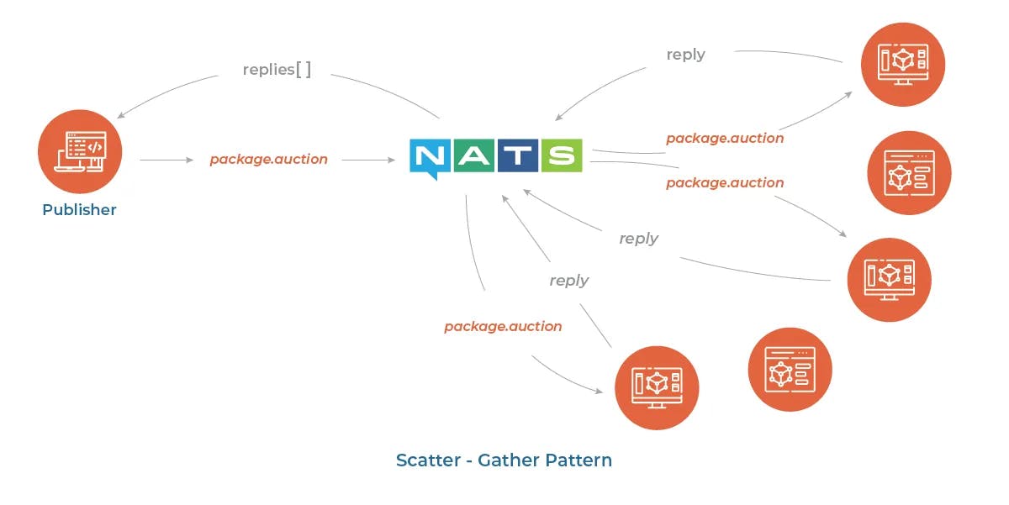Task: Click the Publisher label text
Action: [x=79, y=210]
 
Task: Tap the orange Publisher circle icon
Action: [x=80, y=152]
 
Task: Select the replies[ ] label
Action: [x=277, y=69]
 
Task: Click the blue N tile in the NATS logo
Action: [x=430, y=158]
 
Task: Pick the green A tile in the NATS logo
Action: [x=474, y=155]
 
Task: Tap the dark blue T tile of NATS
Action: [x=518, y=155]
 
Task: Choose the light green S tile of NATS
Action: [x=562, y=155]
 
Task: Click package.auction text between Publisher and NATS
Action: [x=268, y=160]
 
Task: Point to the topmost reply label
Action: [x=685, y=55]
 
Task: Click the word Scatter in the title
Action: [x=428, y=460]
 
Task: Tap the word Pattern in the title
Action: [x=578, y=460]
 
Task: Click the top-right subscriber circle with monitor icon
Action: [x=903, y=65]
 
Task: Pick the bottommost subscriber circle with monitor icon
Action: [x=657, y=387]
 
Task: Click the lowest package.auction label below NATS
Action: [x=503, y=327]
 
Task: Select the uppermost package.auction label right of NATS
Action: [x=725, y=139]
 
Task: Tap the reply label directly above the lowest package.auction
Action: [x=569, y=281]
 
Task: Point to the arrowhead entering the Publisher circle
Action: [x=120, y=116]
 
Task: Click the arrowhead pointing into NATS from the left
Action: [x=391, y=160]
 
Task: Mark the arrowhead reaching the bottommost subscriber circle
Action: [x=599, y=391]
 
